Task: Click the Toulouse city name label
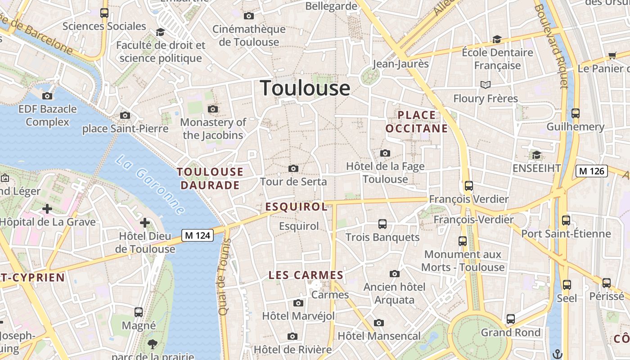tap(305, 88)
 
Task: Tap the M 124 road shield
tap(197, 235)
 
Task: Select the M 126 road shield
tap(591, 171)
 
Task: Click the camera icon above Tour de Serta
tap(293, 169)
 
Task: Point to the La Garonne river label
tap(149, 185)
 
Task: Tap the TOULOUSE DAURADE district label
tap(210, 179)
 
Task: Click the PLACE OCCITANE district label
tap(417, 122)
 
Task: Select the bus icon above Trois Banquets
tap(382, 224)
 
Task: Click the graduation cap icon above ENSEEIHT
tap(536, 155)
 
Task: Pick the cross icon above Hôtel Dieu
tap(145, 222)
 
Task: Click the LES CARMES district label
tap(306, 275)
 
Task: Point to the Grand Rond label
tap(511, 333)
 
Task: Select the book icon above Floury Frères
tap(485, 85)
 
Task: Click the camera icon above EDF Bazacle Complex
tap(47, 96)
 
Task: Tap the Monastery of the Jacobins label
tap(213, 129)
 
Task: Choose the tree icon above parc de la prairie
tap(153, 344)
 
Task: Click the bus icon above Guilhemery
tap(575, 113)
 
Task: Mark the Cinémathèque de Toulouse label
tap(249, 36)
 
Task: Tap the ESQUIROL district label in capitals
tap(297, 207)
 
